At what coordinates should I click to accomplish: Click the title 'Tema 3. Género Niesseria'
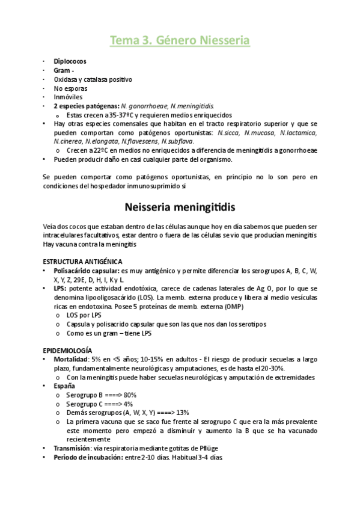180,40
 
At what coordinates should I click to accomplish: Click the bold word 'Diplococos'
70,61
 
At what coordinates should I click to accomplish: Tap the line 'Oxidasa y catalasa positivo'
93,79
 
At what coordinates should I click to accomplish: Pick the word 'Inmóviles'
68,97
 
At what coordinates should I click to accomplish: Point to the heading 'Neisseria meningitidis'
180,207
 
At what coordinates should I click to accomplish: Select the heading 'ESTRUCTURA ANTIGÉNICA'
82,262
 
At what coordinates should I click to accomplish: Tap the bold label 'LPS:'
61,289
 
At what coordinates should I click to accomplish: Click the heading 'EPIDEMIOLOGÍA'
67,350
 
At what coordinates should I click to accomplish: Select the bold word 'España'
64,386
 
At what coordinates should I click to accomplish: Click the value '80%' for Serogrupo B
130,395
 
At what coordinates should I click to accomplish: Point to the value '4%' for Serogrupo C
128,404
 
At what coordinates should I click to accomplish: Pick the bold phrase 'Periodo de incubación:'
88,457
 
